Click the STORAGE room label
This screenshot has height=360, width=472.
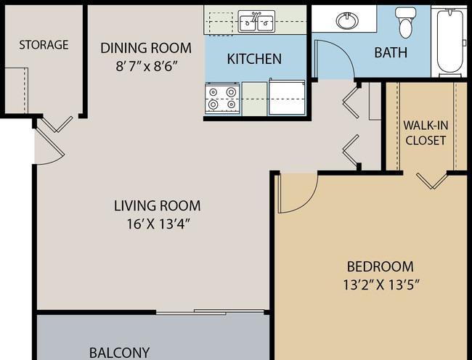(x=44, y=45)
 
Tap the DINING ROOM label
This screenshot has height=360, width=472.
(x=146, y=48)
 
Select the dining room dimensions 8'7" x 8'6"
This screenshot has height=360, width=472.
(x=146, y=66)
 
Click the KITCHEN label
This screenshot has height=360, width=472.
(x=254, y=59)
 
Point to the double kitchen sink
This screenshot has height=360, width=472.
(x=256, y=21)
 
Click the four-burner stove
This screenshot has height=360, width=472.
(x=222, y=98)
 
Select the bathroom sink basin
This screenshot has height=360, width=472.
(x=347, y=20)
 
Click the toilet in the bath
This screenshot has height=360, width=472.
(x=405, y=22)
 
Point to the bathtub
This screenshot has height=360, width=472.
(x=450, y=41)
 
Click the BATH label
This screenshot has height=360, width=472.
(x=391, y=52)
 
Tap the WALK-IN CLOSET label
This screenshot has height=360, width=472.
(x=426, y=133)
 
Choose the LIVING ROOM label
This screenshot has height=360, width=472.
(x=157, y=205)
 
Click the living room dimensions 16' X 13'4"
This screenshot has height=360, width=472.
(x=158, y=224)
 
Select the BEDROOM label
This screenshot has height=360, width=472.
(x=381, y=266)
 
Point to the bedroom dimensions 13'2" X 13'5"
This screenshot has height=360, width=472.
(x=381, y=285)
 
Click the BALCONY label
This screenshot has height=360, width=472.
(x=119, y=353)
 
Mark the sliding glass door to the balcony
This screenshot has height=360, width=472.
(x=210, y=312)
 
